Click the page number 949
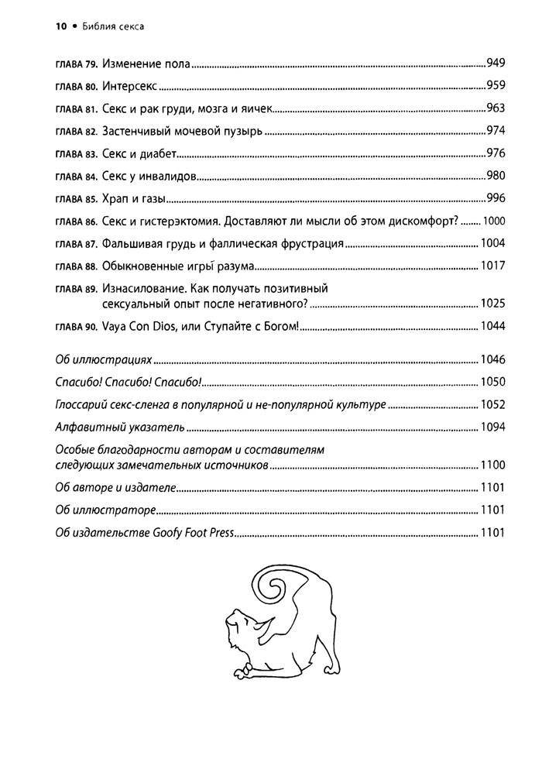(496, 62)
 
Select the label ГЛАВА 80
(76, 87)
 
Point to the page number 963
(496, 108)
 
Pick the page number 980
(496, 176)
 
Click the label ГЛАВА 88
(76, 267)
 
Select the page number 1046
(492, 360)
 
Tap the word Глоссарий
(85, 404)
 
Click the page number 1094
(492, 427)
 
